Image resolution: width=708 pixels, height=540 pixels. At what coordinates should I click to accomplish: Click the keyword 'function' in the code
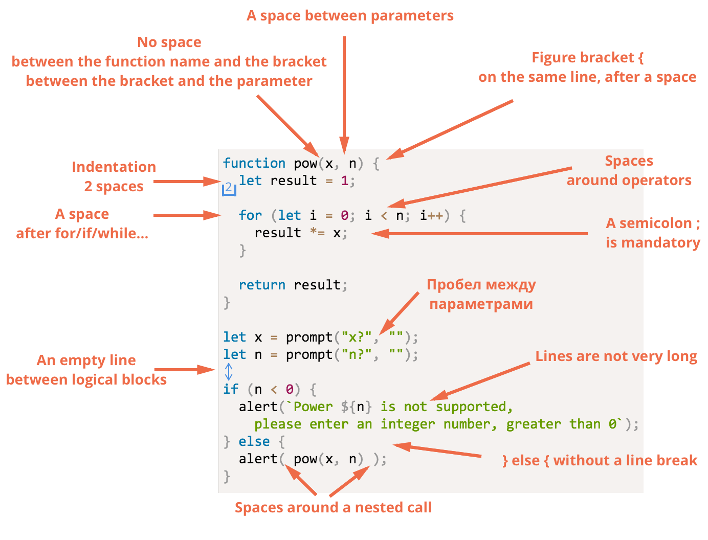point(254,163)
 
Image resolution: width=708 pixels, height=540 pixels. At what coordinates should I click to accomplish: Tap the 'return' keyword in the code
point(262,285)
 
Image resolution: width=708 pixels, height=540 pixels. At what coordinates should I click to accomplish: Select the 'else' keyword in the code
point(254,441)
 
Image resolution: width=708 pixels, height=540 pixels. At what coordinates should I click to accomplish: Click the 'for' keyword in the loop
point(250,215)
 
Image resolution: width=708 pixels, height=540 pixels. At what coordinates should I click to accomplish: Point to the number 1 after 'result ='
point(344,181)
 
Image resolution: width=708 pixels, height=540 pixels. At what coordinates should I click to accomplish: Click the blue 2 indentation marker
point(229,188)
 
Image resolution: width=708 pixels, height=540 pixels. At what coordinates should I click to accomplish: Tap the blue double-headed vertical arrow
point(229,372)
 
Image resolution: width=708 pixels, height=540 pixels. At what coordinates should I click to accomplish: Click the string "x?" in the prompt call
point(357,337)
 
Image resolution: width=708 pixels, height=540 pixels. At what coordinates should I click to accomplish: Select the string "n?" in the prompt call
point(357,354)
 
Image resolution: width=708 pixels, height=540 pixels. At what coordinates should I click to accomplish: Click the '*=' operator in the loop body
point(317,233)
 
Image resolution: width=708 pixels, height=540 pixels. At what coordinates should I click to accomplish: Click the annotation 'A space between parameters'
point(350,15)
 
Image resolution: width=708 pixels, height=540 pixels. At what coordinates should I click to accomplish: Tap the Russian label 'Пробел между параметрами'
point(481,294)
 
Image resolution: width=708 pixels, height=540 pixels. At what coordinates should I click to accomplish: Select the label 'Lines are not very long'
point(616,356)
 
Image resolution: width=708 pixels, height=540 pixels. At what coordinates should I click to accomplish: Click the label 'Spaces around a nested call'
point(333,507)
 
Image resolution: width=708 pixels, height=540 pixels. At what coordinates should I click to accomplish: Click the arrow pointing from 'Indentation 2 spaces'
point(187,182)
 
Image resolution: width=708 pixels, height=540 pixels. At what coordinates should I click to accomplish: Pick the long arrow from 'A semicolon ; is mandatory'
point(479,233)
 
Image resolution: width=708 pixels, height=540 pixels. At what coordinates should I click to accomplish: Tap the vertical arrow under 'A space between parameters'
point(344,95)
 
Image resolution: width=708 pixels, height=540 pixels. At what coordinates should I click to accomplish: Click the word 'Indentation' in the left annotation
point(114,167)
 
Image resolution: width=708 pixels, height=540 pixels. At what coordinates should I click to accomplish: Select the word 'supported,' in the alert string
point(474,407)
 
